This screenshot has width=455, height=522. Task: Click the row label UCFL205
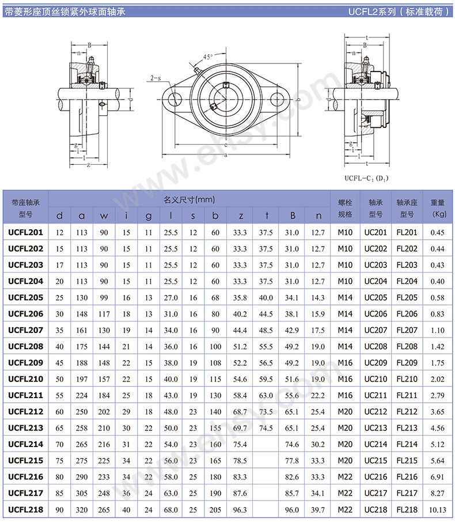pos(25,298)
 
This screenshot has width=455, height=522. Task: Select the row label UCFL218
pos(25,510)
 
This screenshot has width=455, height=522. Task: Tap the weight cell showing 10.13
pos(438,510)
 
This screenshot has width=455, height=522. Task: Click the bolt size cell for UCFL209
pos(345,363)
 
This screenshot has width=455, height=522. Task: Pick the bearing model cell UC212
pos(376,412)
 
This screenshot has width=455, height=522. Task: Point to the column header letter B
pos(293,216)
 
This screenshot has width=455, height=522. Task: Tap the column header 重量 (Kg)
pos(438,208)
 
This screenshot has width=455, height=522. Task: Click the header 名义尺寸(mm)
pos(189,200)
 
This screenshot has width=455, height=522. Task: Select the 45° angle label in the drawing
pos(208,56)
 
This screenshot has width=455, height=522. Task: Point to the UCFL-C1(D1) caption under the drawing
pos(366,178)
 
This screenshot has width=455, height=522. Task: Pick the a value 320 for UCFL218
pos(82,510)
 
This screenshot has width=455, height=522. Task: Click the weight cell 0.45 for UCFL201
pos(438,233)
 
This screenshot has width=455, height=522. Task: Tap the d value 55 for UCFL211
pos(59,396)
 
